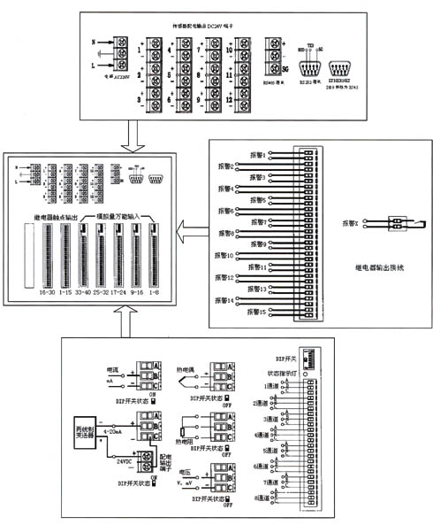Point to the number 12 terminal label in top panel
(x=230, y=100)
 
